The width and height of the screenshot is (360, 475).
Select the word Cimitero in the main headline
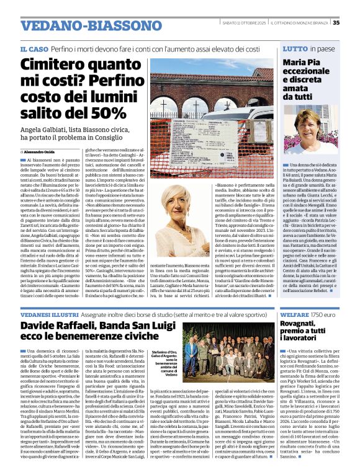tap(53, 65)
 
